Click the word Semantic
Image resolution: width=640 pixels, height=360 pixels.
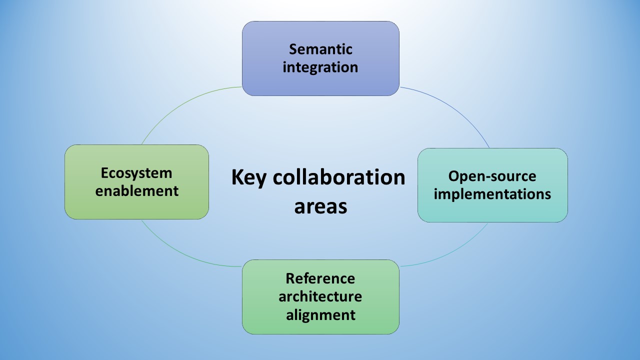coord(320,49)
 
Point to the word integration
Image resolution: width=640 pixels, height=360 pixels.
coord(320,67)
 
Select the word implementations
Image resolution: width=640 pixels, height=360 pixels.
coord(492,194)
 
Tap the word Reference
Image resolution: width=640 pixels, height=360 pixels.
coord(320,278)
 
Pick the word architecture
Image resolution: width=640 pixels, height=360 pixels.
coord(320,296)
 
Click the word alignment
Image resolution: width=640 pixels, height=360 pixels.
coord(320,315)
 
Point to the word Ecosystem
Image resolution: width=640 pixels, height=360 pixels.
coord(136,173)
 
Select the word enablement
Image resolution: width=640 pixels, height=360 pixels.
coord(136,191)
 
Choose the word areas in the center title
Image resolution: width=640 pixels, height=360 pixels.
coord(320,206)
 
